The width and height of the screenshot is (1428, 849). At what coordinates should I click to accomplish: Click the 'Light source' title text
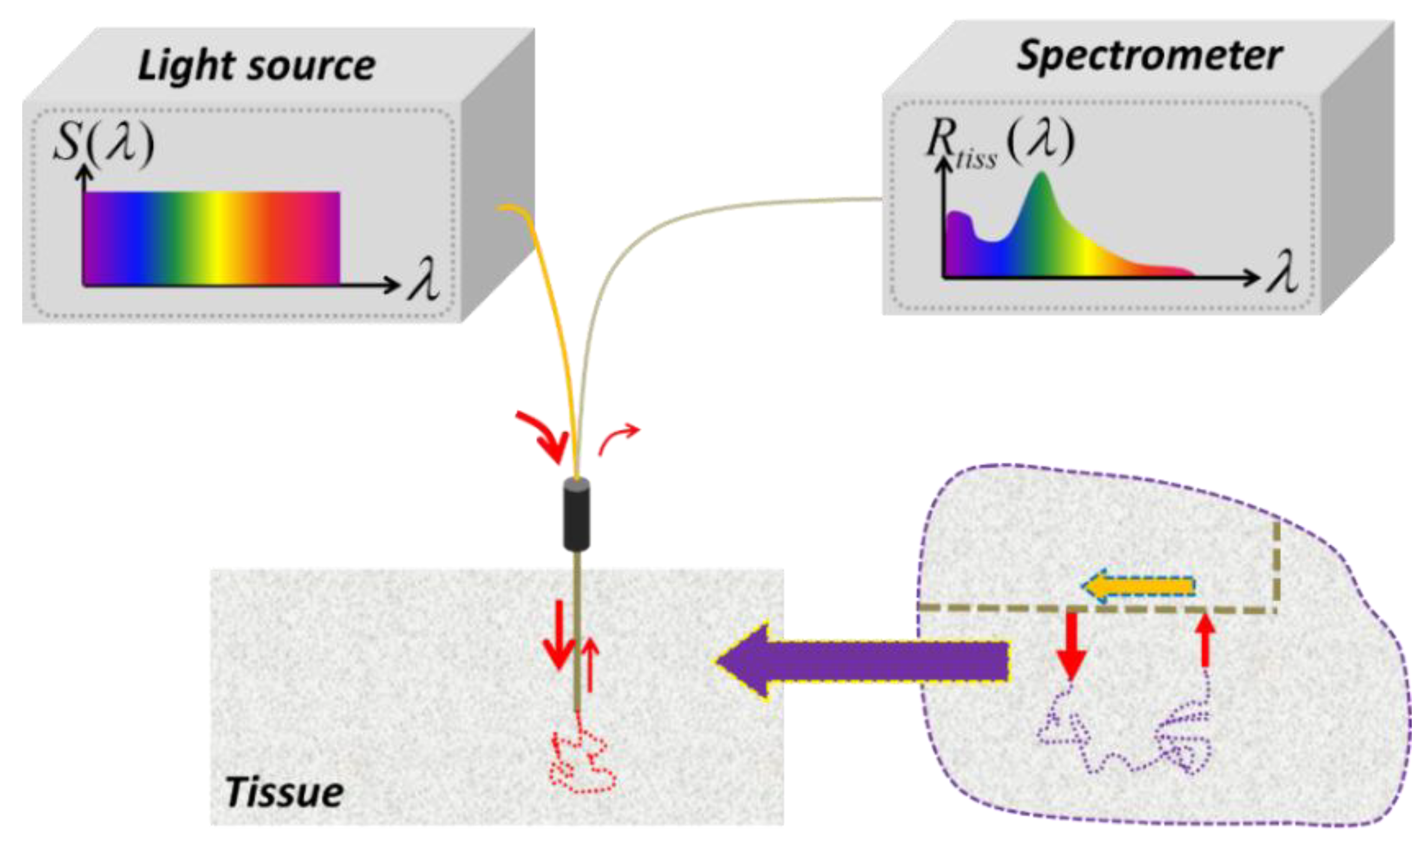[x=257, y=65]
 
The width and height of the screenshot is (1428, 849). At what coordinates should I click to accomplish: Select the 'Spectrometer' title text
[x=1149, y=57]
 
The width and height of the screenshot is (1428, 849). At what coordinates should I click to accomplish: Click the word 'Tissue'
[x=284, y=792]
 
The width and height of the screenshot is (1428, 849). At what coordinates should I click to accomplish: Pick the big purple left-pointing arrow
[x=863, y=662]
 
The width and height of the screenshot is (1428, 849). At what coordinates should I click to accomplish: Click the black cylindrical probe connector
[x=576, y=515]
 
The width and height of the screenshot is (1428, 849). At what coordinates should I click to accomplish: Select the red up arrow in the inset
[x=1206, y=640]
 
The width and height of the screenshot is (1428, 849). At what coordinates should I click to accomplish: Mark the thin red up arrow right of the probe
[x=591, y=664]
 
